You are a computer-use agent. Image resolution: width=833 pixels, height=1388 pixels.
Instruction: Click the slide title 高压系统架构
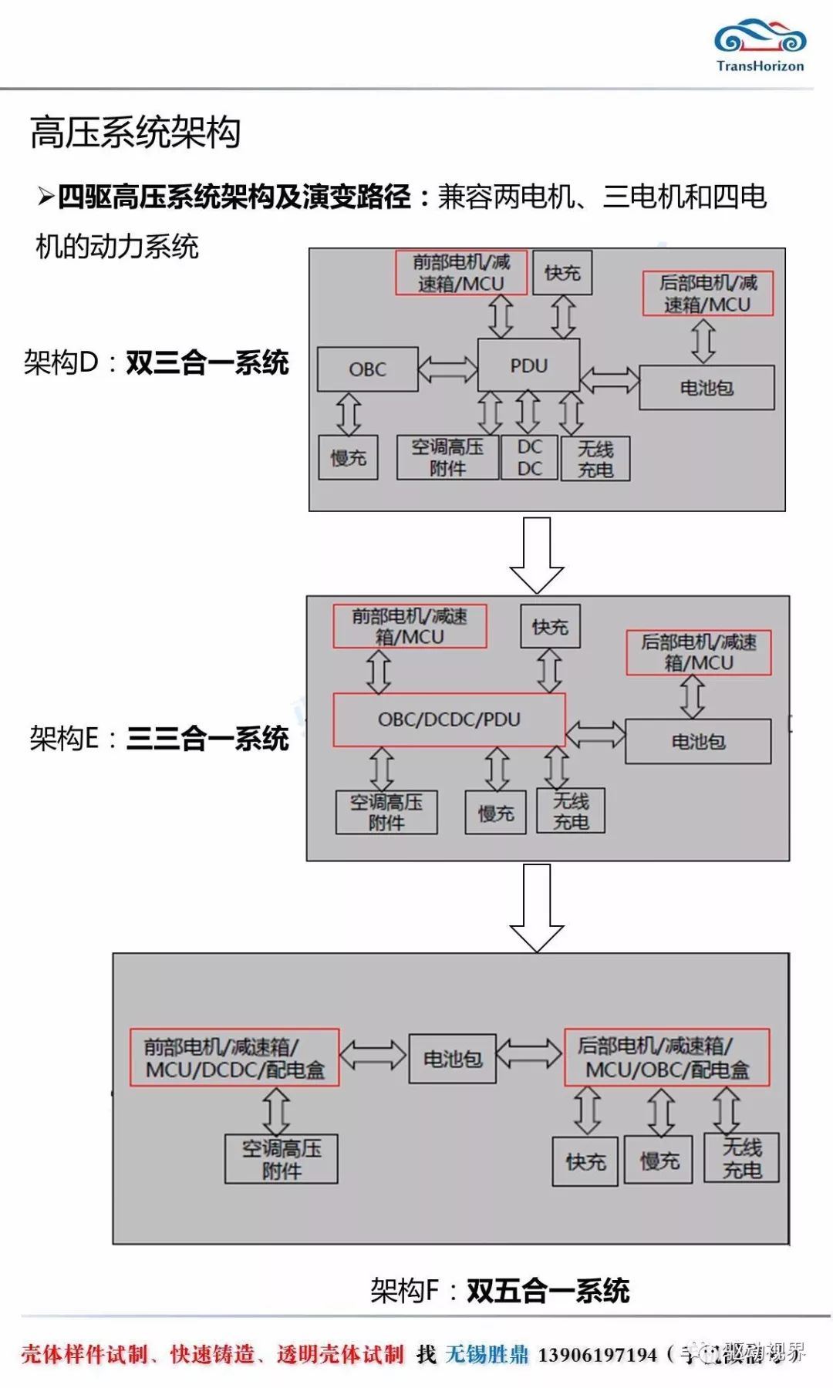coord(135,133)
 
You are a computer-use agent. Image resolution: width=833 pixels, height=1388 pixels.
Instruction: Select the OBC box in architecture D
coord(367,369)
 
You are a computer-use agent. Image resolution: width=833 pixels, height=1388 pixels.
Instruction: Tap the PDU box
coord(528,366)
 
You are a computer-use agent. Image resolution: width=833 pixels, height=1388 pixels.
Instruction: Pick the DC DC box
coord(529,458)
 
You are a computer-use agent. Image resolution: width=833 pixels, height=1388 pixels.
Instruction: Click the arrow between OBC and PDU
coord(448,369)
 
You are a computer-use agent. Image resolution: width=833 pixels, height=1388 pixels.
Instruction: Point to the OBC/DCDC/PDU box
coord(449,719)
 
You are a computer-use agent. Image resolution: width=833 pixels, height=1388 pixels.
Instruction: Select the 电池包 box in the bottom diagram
coord(452,1059)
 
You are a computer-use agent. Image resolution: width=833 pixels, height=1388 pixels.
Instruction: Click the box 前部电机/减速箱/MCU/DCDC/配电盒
coord(234,1058)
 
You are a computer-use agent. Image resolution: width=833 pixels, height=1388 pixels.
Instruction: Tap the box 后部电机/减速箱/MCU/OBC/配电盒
coord(667,1057)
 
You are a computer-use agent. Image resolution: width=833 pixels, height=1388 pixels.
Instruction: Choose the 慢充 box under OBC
coord(349,458)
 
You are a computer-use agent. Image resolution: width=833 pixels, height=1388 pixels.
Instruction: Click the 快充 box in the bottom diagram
coord(585,1161)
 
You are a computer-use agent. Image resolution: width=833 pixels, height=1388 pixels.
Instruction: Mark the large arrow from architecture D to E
coord(537,554)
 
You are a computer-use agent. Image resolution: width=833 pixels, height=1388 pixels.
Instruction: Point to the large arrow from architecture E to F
coord(537,907)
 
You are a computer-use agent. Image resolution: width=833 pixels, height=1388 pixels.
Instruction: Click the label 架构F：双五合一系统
coord(500,1290)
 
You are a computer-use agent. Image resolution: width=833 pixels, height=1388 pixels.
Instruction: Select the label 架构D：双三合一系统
coord(156,362)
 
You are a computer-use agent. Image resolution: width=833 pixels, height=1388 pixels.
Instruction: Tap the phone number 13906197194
coord(597,1354)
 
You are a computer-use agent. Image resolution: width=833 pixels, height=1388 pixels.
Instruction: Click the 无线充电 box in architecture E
coord(571,811)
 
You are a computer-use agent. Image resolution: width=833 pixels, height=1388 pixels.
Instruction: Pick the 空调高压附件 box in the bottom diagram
coord(282,1159)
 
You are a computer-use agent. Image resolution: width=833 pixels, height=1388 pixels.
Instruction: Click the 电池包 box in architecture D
coord(707,388)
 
